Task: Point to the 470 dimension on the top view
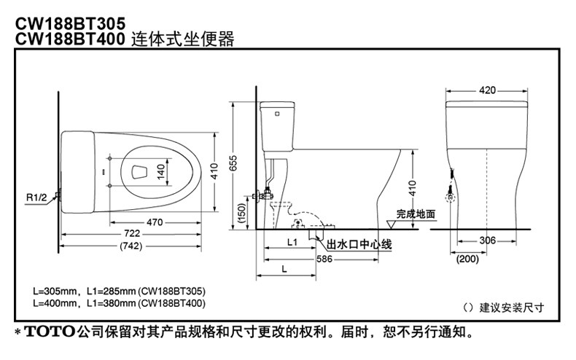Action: [x=154, y=222]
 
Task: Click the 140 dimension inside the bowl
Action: [x=160, y=172]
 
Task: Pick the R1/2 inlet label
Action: [x=36, y=197]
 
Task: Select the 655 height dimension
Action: [x=233, y=165]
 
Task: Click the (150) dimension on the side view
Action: [x=242, y=212]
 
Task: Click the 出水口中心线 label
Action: [x=359, y=246]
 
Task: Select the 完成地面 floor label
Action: [x=416, y=214]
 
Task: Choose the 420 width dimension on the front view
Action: [x=487, y=90]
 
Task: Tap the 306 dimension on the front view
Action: [x=488, y=241]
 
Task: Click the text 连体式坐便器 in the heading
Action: [x=183, y=39]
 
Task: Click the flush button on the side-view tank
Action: [x=276, y=113]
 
